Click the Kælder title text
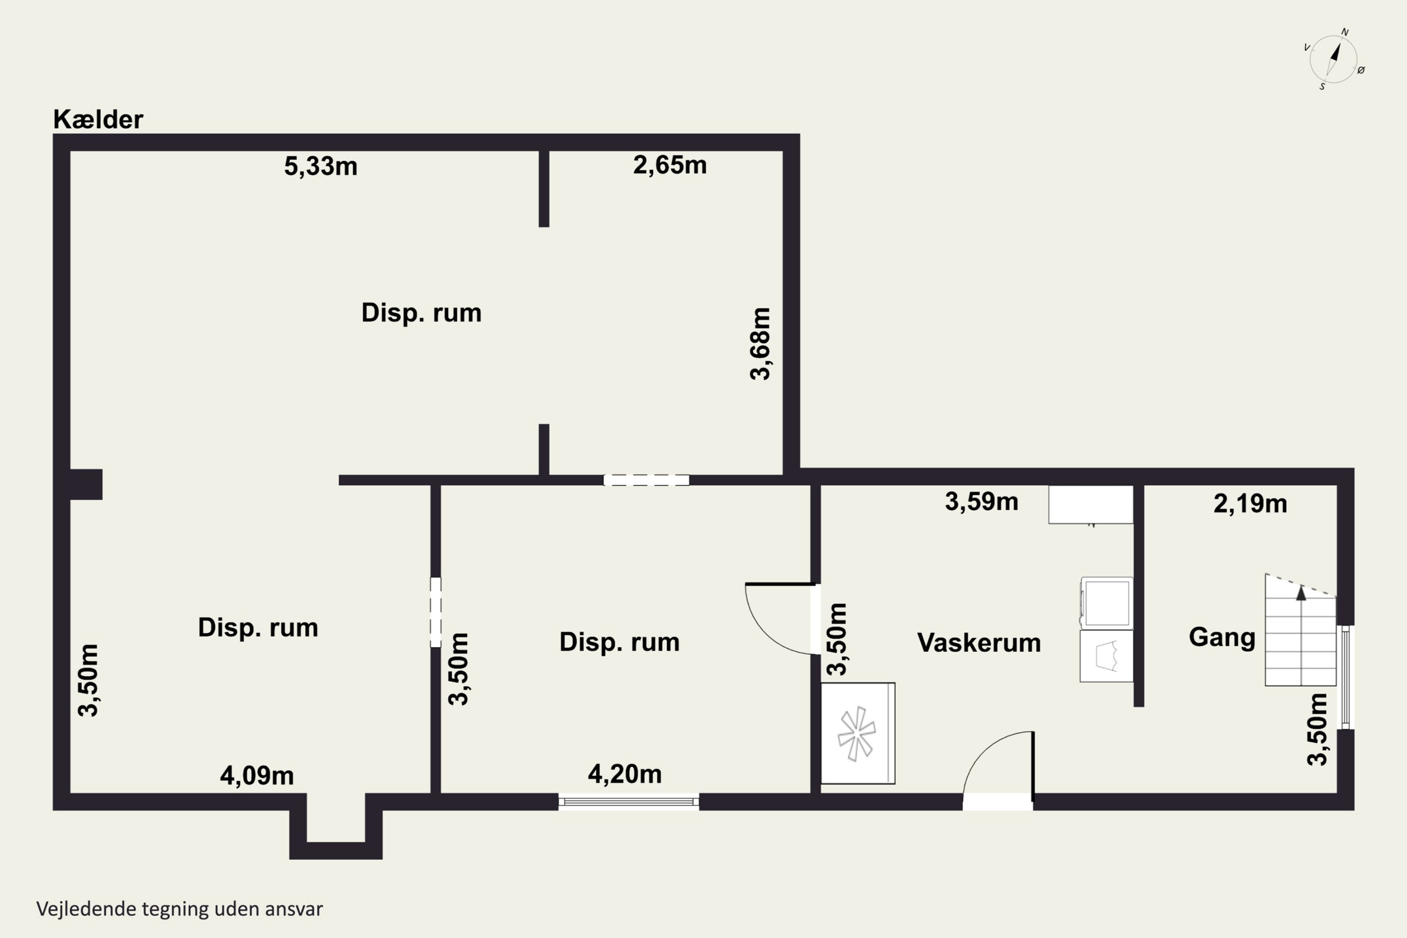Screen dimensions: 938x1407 coord(98,120)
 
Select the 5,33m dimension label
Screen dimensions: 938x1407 coord(321,166)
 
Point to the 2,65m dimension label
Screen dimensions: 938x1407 coord(670,165)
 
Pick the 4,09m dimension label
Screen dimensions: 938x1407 coord(257,776)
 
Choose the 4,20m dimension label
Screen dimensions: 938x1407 coord(625,774)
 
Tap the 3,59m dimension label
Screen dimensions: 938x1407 coord(981,501)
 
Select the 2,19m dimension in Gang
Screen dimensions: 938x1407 coord(1250,504)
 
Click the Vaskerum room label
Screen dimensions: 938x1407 coord(979,643)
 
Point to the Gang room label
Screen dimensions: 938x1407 coord(1222,637)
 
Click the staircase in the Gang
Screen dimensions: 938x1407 coord(1301,634)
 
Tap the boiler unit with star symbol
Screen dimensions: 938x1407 coord(857,734)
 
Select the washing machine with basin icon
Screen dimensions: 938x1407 coord(1106,656)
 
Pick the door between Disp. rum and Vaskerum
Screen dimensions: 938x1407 coord(781,619)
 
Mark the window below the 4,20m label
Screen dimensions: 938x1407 coord(629,802)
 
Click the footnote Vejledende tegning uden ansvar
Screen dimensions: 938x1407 coord(180,909)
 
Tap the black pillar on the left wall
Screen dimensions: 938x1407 coord(85,484)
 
